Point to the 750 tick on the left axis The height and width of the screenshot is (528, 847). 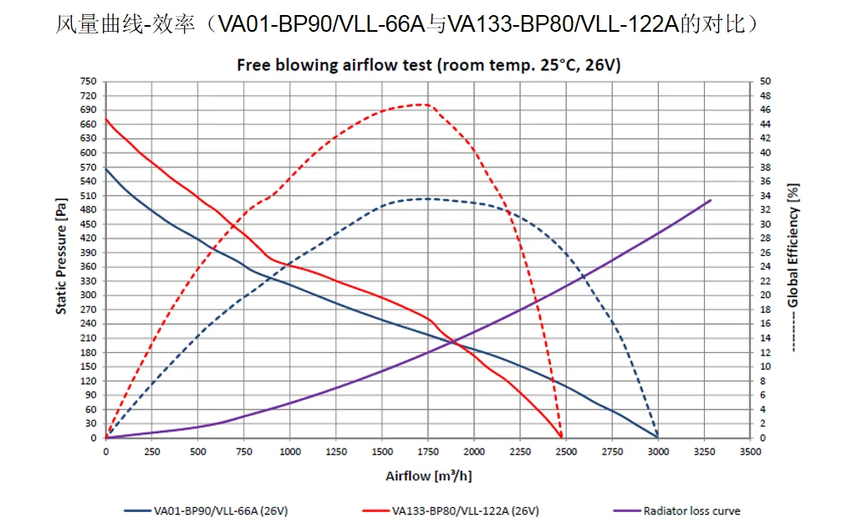pos(88,81)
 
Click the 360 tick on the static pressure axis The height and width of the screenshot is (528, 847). pos(88,267)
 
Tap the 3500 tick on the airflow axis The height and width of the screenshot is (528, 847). pos(750,452)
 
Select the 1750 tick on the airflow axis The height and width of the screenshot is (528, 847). pos(428,452)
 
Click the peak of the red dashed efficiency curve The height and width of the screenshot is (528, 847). pos(425,105)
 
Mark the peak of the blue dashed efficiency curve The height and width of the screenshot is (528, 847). pos(426,198)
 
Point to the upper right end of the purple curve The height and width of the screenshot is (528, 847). pos(711,200)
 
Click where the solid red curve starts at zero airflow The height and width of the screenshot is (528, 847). pos(106,119)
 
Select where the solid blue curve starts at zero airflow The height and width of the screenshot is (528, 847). pos(106,169)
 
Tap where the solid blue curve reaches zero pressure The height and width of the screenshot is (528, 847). pos(658,437)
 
